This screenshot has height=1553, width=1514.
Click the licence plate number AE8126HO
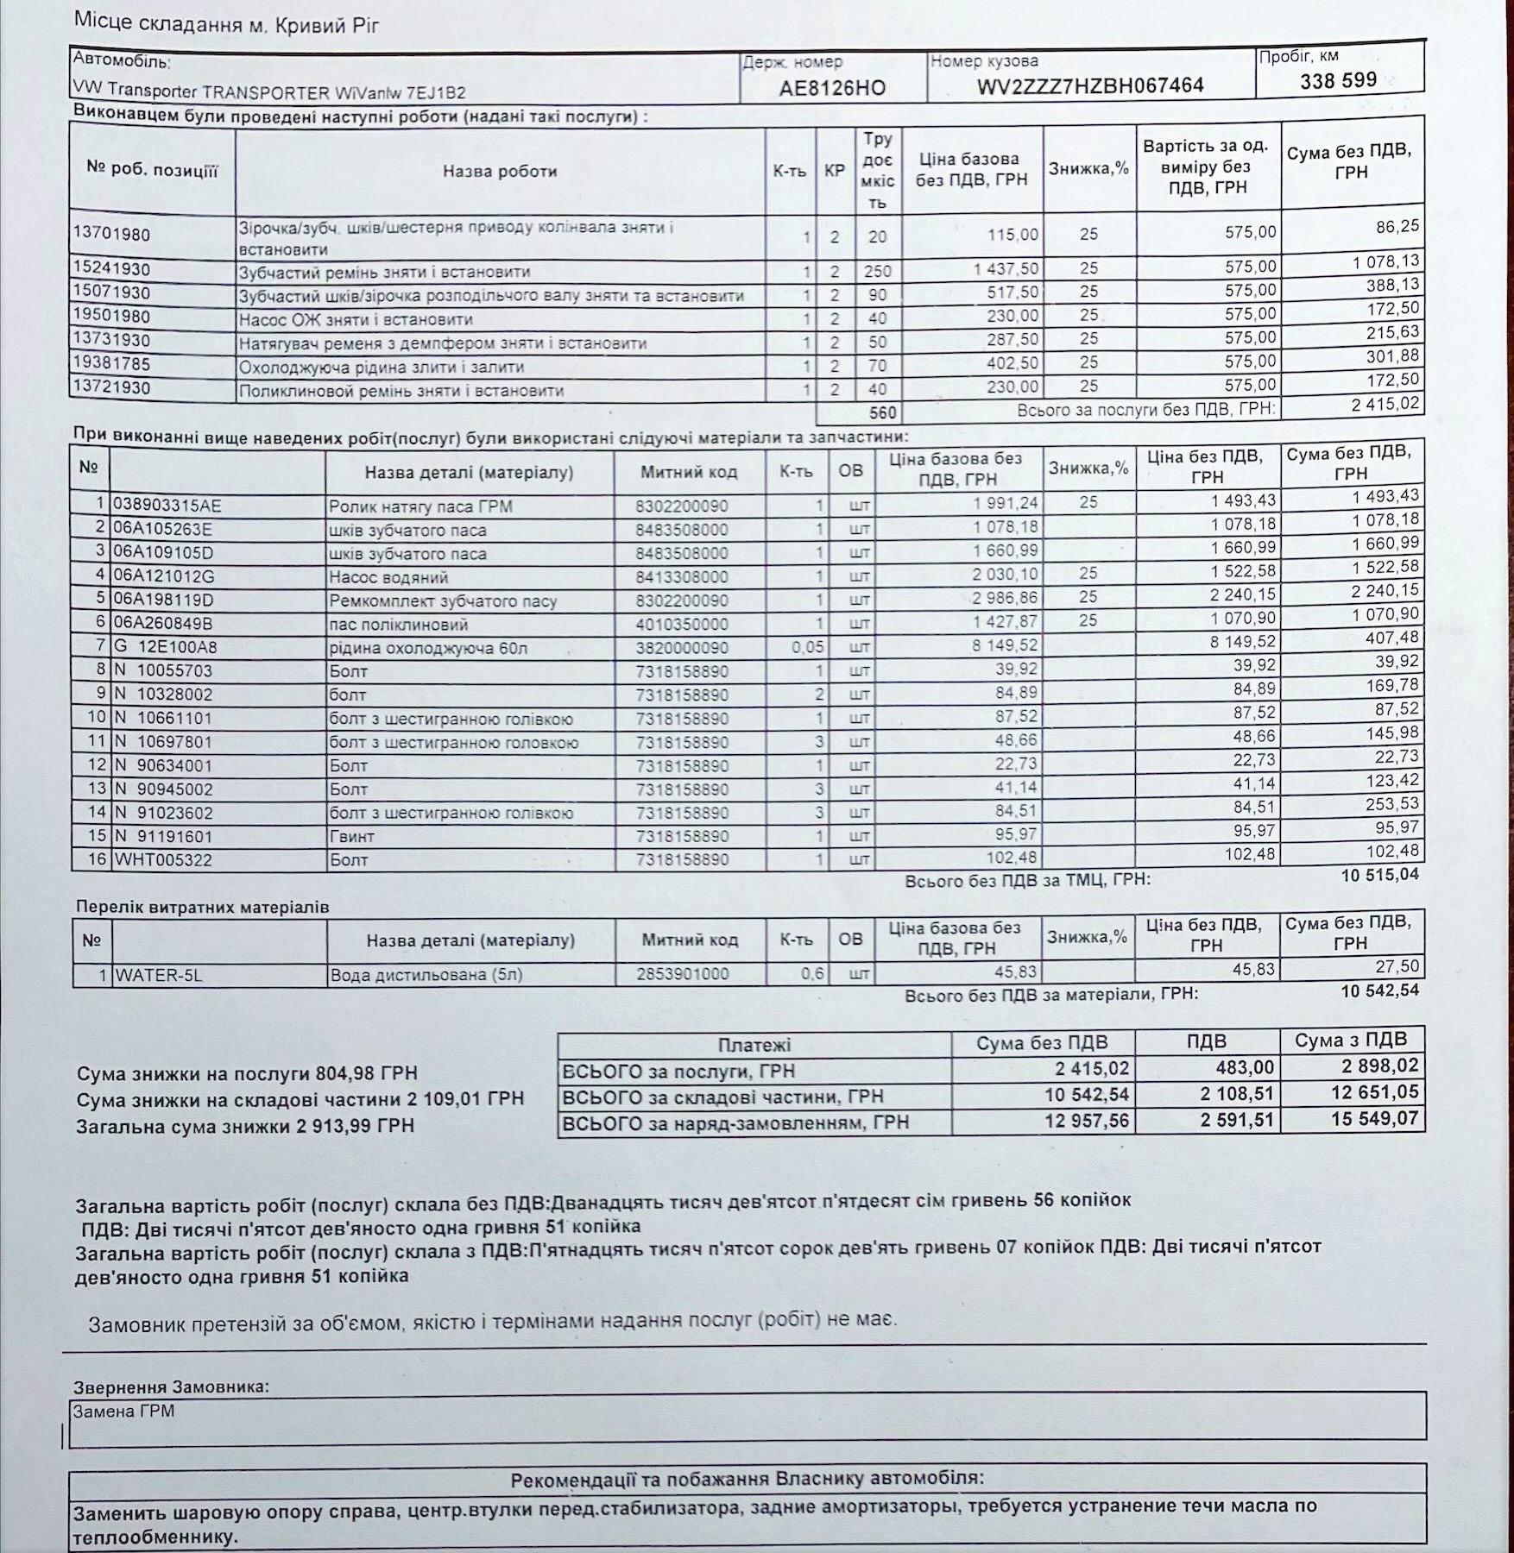[832, 88]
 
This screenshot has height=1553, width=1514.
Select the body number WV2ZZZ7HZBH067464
[1090, 86]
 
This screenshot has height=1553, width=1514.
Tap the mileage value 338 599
[1338, 81]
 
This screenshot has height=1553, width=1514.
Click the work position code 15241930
[111, 269]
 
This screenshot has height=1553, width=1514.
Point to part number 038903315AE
[167, 506]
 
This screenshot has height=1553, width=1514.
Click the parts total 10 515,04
[1379, 875]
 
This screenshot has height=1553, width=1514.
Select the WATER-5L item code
[158, 976]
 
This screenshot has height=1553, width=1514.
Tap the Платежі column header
[754, 1046]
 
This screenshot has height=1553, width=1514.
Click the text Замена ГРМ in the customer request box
[123, 1412]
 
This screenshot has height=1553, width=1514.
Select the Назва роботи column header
[500, 172]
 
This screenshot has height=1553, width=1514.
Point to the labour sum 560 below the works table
[882, 413]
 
